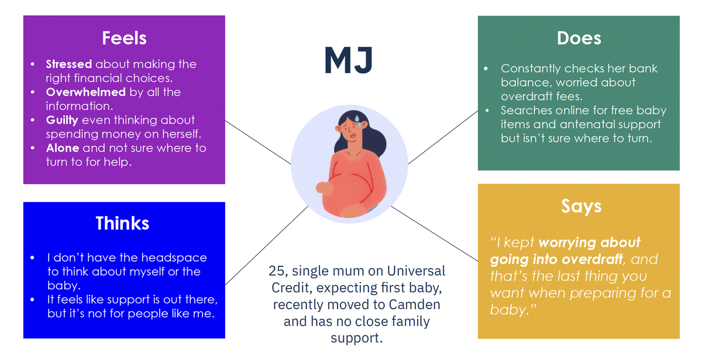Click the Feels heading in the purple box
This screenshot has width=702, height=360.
tap(125, 38)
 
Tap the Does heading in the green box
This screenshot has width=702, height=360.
tap(579, 38)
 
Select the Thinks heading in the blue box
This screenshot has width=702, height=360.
tap(122, 223)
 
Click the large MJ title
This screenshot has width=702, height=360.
tap(349, 60)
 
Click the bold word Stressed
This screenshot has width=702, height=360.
tap(69, 64)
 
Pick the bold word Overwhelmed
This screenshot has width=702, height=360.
tap(86, 92)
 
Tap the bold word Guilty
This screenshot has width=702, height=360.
tap(62, 121)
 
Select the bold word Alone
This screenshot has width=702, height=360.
tap(63, 148)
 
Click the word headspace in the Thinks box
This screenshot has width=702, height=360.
tap(174, 258)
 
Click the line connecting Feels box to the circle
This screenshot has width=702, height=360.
tap(258, 142)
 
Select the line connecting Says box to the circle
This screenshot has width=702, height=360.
tap(434, 234)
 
